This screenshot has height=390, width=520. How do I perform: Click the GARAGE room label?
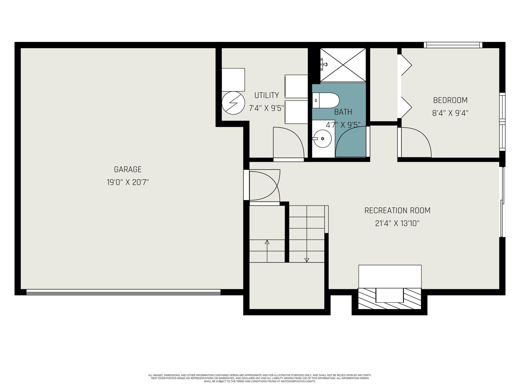pos(128,169)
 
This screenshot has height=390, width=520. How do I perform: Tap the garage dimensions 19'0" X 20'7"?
pos(128,182)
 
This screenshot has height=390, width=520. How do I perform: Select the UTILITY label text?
pos(266,95)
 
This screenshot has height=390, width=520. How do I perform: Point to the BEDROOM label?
pos(450,100)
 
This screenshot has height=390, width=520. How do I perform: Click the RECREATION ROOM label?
pos(397,210)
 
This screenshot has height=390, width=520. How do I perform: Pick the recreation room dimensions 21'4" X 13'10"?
pos(397,223)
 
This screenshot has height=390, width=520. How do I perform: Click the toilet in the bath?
pos(325,100)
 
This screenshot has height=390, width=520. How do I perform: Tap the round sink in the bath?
pos(323,138)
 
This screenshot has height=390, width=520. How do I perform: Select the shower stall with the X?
pos(343,65)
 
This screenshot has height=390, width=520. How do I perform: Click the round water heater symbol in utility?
pos(233,103)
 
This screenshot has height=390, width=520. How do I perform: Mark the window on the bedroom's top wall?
pos(453,45)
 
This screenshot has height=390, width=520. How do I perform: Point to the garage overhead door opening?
pos(123,292)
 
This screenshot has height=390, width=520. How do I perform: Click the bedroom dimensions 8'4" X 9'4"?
pos(450,113)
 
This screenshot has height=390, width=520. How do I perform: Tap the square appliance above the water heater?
pos(233,80)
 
